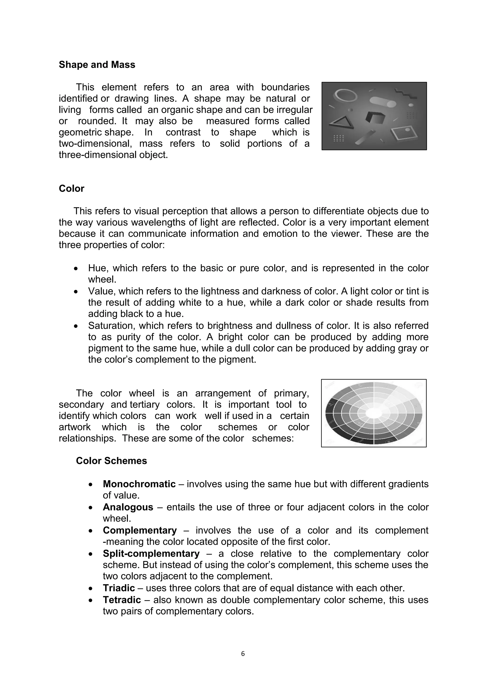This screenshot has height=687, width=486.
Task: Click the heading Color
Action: (x=71, y=189)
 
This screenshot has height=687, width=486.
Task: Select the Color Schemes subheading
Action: (x=111, y=460)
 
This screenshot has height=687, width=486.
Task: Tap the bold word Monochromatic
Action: (x=139, y=484)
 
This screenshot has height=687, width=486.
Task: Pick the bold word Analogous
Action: (x=128, y=507)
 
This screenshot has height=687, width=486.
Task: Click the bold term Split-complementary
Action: (x=151, y=553)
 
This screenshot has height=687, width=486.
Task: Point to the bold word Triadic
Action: (x=119, y=588)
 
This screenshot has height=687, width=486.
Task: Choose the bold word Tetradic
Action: (x=122, y=600)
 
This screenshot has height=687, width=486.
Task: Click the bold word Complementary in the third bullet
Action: (x=140, y=530)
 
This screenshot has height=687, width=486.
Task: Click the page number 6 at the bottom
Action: (x=243, y=654)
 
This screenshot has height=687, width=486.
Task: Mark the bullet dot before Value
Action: (x=76, y=291)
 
